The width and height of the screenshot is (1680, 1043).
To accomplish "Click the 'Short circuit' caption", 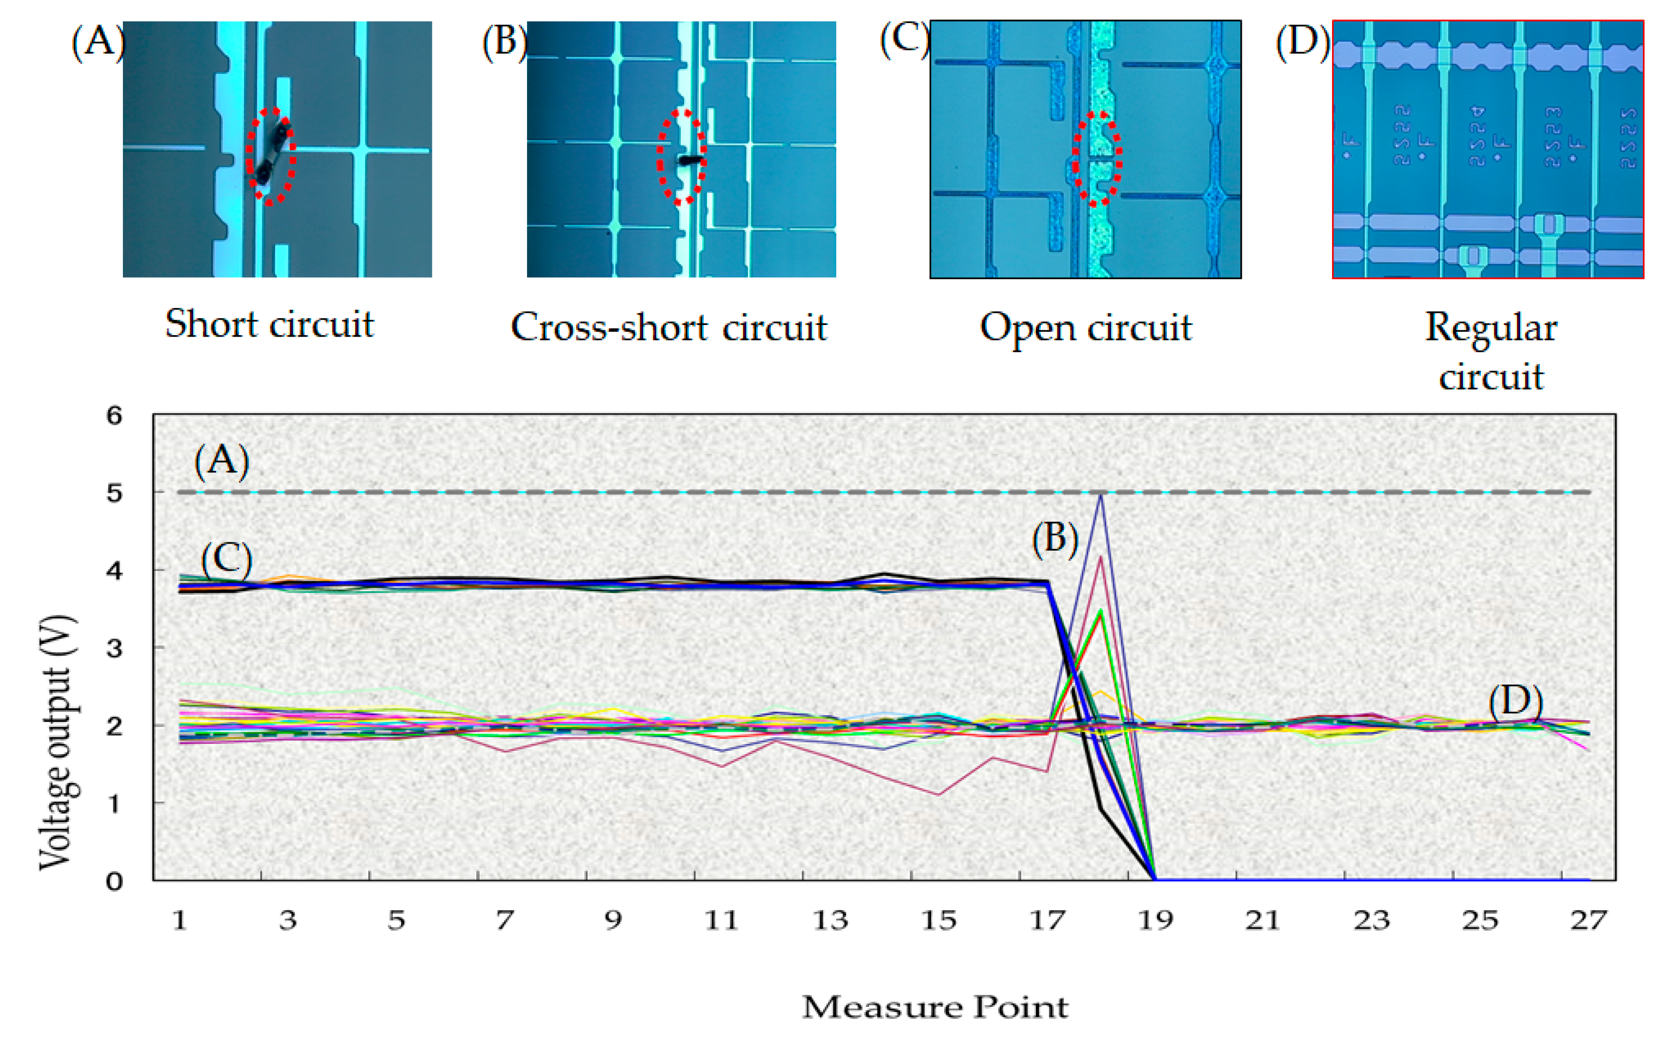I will pyautogui.click(x=269, y=324).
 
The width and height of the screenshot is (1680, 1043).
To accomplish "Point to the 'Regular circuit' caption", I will pyautogui.click(x=1490, y=352).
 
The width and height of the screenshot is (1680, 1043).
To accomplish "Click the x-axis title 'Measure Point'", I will pyautogui.click(x=935, y=1007).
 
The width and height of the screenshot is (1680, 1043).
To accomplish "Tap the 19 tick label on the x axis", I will pyautogui.click(x=1155, y=920).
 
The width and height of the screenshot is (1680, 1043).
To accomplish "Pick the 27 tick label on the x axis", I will pyautogui.click(x=1589, y=920).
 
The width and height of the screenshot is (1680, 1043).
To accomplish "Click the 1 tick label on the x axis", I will pyautogui.click(x=180, y=920).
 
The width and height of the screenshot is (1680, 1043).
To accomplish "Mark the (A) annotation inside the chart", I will pyautogui.click(x=222, y=460).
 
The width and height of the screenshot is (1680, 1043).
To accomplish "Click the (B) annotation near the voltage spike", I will pyautogui.click(x=1055, y=538).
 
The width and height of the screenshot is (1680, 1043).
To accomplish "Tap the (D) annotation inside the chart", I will pyautogui.click(x=1515, y=701).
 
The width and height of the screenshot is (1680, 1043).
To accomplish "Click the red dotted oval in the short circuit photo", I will pyautogui.click(x=271, y=156).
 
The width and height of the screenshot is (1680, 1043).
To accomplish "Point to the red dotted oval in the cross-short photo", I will pyautogui.click(x=682, y=157).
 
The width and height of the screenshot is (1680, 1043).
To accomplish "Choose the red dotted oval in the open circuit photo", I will pyautogui.click(x=1096, y=159).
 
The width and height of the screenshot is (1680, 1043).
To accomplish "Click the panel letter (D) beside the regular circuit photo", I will pyautogui.click(x=1302, y=41).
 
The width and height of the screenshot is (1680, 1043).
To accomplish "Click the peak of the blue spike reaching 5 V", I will pyautogui.click(x=1101, y=495).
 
